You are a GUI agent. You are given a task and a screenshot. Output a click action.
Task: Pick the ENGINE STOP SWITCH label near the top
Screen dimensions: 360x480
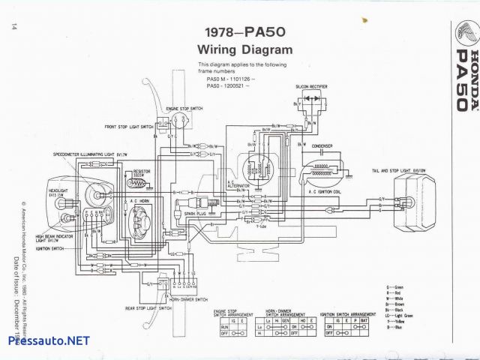(x=184, y=109)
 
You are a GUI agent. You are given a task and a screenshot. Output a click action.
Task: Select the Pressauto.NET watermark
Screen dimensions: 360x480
(x=48, y=341)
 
